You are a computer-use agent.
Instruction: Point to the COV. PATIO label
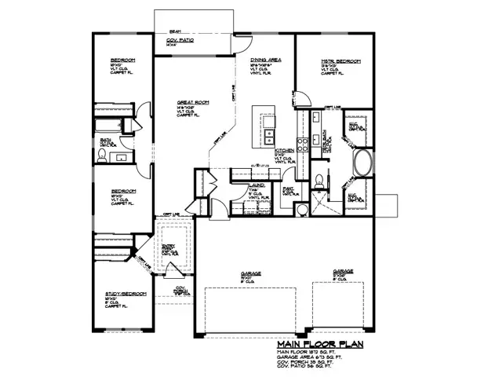coord(180,40)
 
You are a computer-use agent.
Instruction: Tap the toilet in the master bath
coord(318,181)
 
